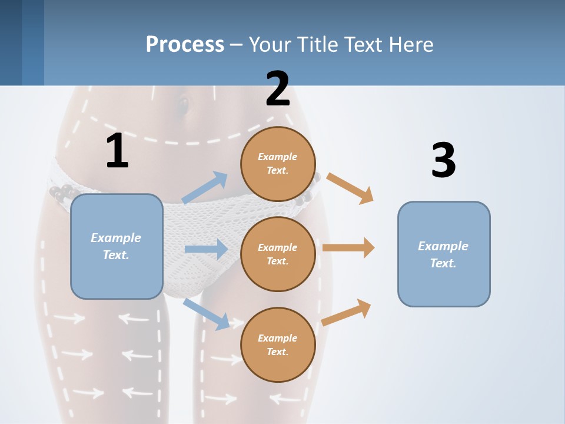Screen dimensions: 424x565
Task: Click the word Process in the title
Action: tap(185, 45)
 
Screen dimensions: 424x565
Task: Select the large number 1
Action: tap(117, 151)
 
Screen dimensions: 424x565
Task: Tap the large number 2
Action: tap(278, 89)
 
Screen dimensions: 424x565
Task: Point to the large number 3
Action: tap(443, 160)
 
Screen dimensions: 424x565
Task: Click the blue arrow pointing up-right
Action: tap(205, 188)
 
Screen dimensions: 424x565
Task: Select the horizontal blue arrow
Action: tap(206, 249)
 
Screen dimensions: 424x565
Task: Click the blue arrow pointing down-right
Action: tap(206, 313)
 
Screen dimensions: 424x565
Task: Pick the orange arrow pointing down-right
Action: tap(350, 188)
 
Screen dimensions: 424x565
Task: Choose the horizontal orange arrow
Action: tap(348, 247)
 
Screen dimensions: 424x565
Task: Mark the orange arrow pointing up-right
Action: tap(346, 312)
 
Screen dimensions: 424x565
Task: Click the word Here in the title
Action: tap(410, 45)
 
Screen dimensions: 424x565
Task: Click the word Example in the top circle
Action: tap(277, 157)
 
